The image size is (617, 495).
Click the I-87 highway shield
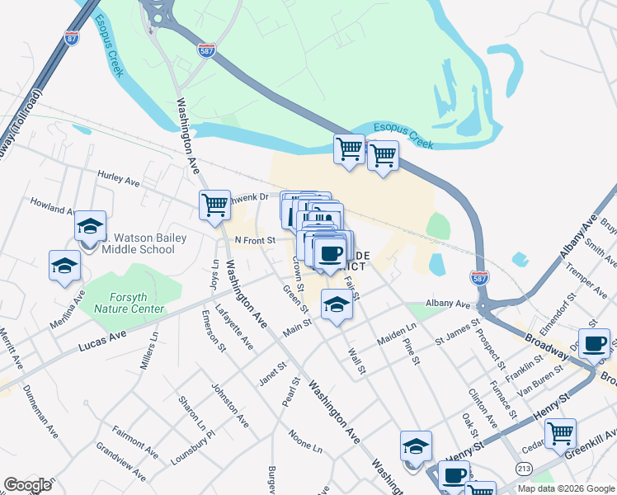(72, 37)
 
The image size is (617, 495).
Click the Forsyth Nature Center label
(129, 303)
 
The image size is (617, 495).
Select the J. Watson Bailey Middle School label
(146, 243)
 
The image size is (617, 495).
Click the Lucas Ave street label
(102, 341)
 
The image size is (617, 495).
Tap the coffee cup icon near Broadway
(594, 342)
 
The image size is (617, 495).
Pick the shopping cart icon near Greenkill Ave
(560, 431)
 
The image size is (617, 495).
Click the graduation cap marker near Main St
(336, 305)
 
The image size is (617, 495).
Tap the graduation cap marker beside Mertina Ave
(64, 265)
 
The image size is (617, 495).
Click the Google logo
(28, 485)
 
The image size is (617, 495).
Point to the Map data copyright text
(566, 488)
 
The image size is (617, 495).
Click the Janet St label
(272, 373)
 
